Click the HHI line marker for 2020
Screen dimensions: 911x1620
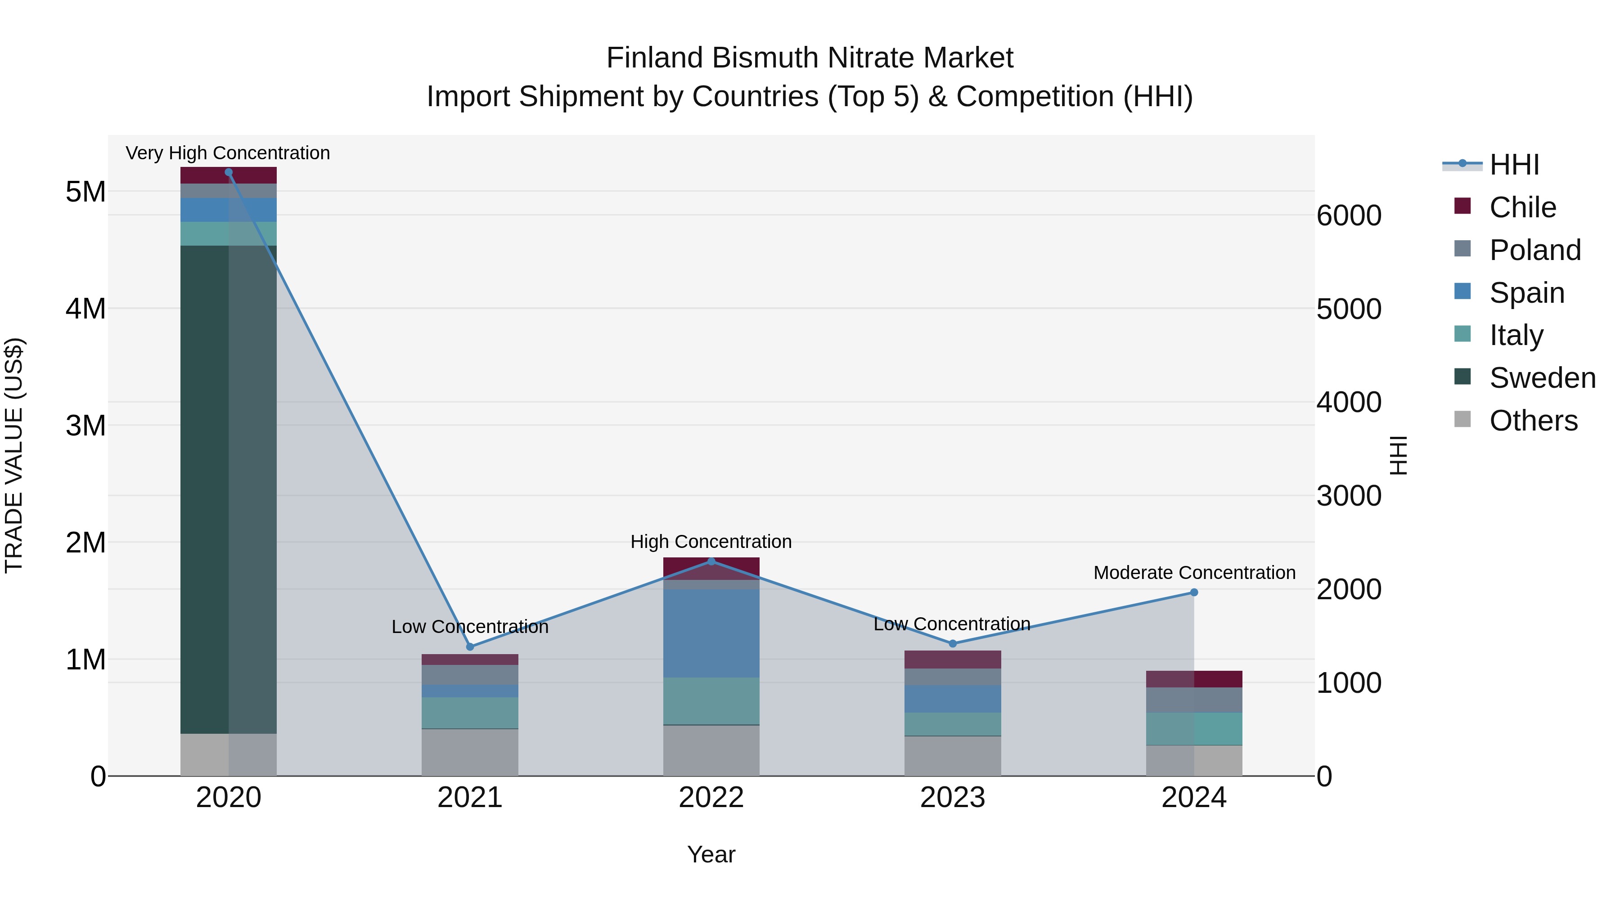coord(228,172)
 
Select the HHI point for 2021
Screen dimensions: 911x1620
coord(470,646)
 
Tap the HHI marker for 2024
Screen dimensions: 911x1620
coord(1193,592)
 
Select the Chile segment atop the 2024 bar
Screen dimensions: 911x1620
coord(1193,679)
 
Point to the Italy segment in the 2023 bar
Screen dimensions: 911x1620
coord(952,724)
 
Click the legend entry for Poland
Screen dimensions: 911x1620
coord(1534,250)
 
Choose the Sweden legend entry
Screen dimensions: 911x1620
coord(1542,378)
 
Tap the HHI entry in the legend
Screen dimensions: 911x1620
coord(1514,165)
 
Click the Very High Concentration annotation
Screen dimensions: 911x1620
coord(228,153)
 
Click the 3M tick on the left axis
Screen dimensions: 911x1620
coord(85,426)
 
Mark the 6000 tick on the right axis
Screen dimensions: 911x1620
coord(1349,215)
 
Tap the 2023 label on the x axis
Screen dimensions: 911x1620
coord(952,798)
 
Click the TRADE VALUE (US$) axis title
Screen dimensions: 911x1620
coord(14,455)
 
